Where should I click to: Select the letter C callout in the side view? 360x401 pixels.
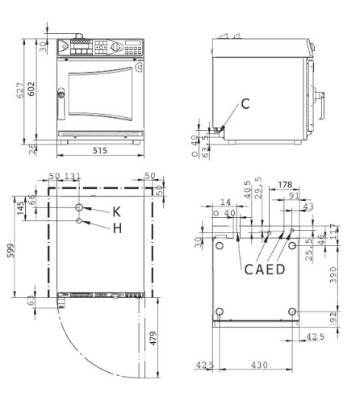click(245, 103)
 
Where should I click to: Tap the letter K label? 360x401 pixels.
click(116, 211)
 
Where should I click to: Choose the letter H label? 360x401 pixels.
click(116, 228)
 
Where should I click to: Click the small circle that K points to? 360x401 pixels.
click(79, 205)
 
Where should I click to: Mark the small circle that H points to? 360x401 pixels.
click(79, 220)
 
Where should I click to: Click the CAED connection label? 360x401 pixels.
click(265, 269)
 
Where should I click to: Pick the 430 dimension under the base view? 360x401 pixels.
click(258, 365)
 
